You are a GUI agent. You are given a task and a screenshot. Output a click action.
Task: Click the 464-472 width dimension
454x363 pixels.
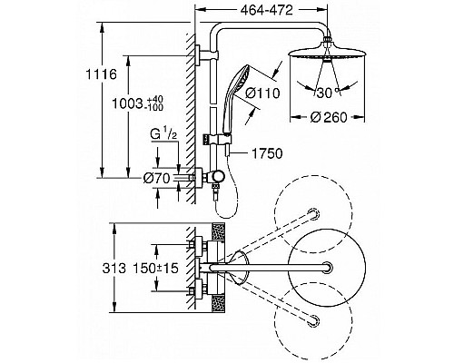tap(267, 11)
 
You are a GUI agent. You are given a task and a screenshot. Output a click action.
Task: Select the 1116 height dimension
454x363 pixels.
tap(101, 74)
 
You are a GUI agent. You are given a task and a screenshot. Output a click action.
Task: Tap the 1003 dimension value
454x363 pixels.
tap(127, 103)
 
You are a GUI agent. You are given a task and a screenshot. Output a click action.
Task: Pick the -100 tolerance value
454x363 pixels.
tap(154, 107)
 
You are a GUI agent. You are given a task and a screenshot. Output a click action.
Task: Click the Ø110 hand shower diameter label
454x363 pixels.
tap(262, 93)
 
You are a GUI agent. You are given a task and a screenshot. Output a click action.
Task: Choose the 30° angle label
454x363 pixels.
tap(327, 93)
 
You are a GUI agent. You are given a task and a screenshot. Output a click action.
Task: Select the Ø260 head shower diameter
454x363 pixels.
tap(328, 117)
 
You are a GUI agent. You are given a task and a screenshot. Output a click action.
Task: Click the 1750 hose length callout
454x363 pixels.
tap(267, 153)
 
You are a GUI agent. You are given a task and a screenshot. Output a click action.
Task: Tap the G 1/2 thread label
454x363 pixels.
tap(163, 135)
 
